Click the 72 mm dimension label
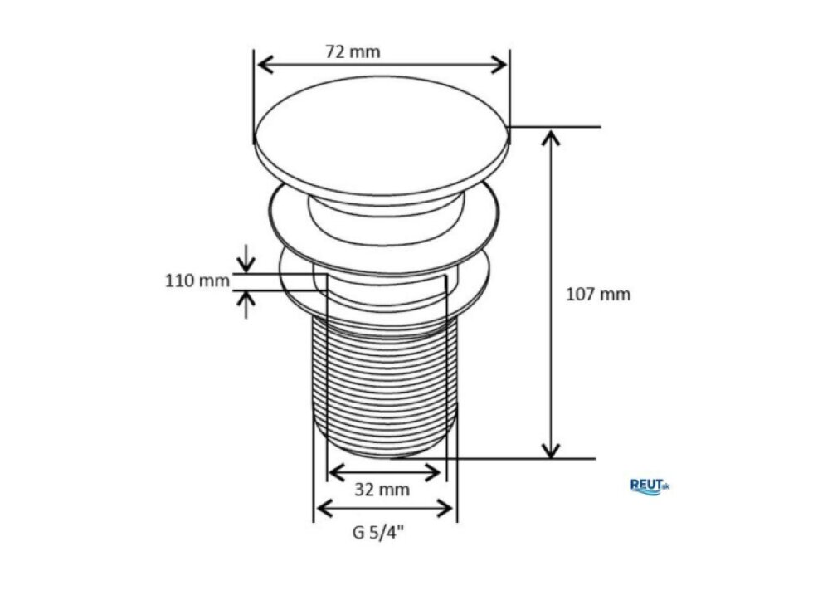353,52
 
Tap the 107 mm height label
598,295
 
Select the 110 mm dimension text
197,281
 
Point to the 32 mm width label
382,489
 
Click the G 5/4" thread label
378,533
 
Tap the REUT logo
650,486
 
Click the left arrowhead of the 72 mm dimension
265,65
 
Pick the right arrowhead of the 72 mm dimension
499,65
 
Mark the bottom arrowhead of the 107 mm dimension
551,450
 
